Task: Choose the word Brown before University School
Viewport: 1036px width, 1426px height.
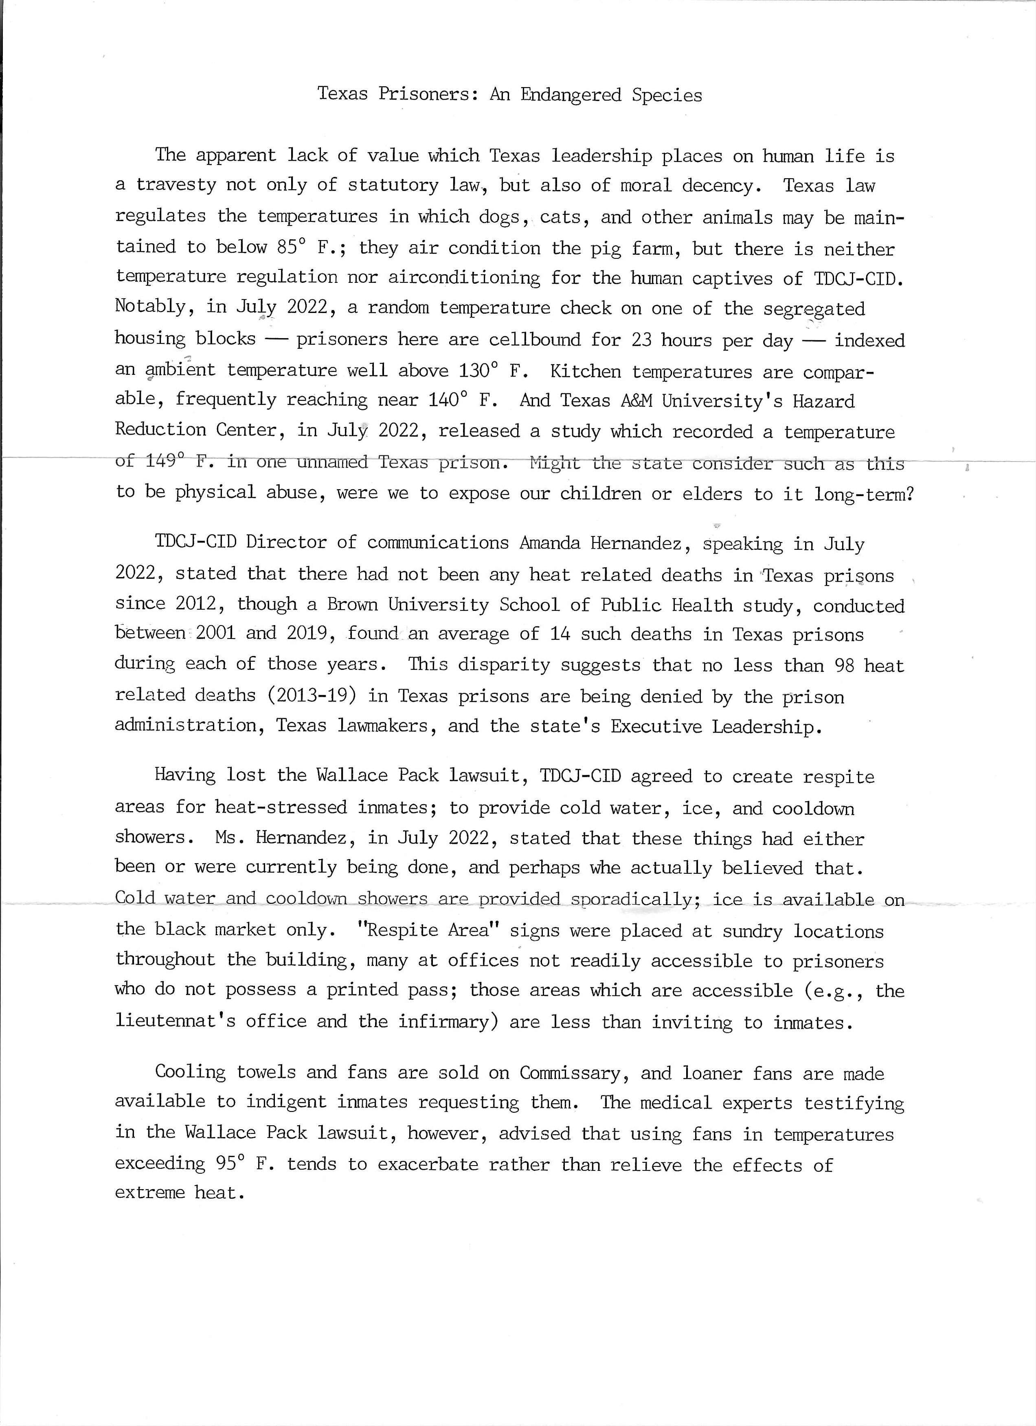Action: point(352,604)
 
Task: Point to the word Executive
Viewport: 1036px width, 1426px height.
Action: point(656,726)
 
